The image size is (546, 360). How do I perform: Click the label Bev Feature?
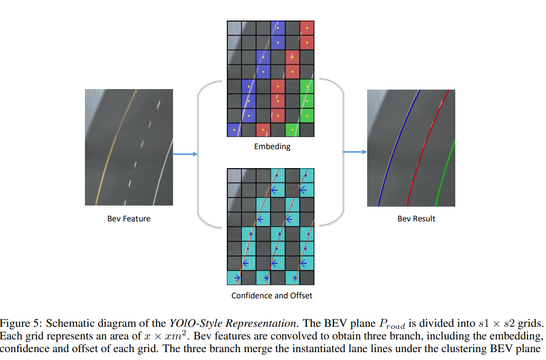[x=129, y=219]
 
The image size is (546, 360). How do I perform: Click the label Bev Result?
[x=416, y=219]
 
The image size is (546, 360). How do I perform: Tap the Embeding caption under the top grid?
[x=272, y=147]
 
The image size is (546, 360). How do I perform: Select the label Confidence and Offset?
[x=272, y=296]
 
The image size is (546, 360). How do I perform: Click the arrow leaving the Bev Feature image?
[x=185, y=154]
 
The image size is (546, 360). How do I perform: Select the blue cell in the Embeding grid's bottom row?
[x=234, y=130]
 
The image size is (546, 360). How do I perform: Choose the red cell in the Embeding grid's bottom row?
[x=263, y=130]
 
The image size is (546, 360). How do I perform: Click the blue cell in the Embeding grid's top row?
[x=277, y=28]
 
